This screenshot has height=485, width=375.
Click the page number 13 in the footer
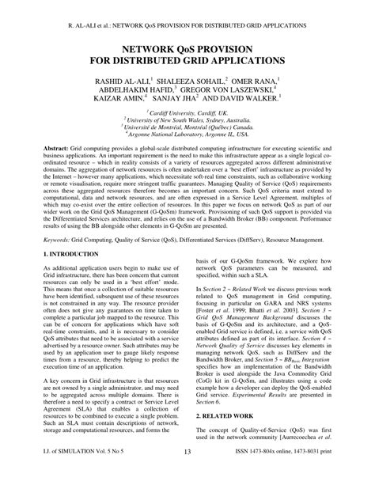(187, 473)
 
